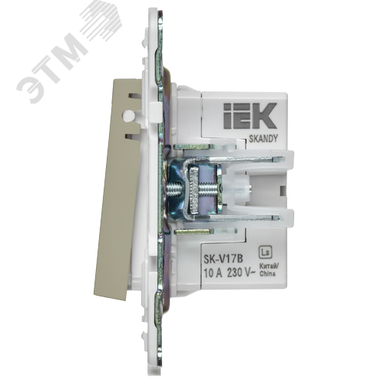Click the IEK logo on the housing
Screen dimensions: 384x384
(250, 116)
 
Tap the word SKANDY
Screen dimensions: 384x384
(263, 138)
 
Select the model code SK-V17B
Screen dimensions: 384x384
(223, 260)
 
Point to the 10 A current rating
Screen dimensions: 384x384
(213, 273)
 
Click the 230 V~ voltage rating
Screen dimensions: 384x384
(241, 273)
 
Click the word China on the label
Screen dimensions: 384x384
(267, 274)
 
